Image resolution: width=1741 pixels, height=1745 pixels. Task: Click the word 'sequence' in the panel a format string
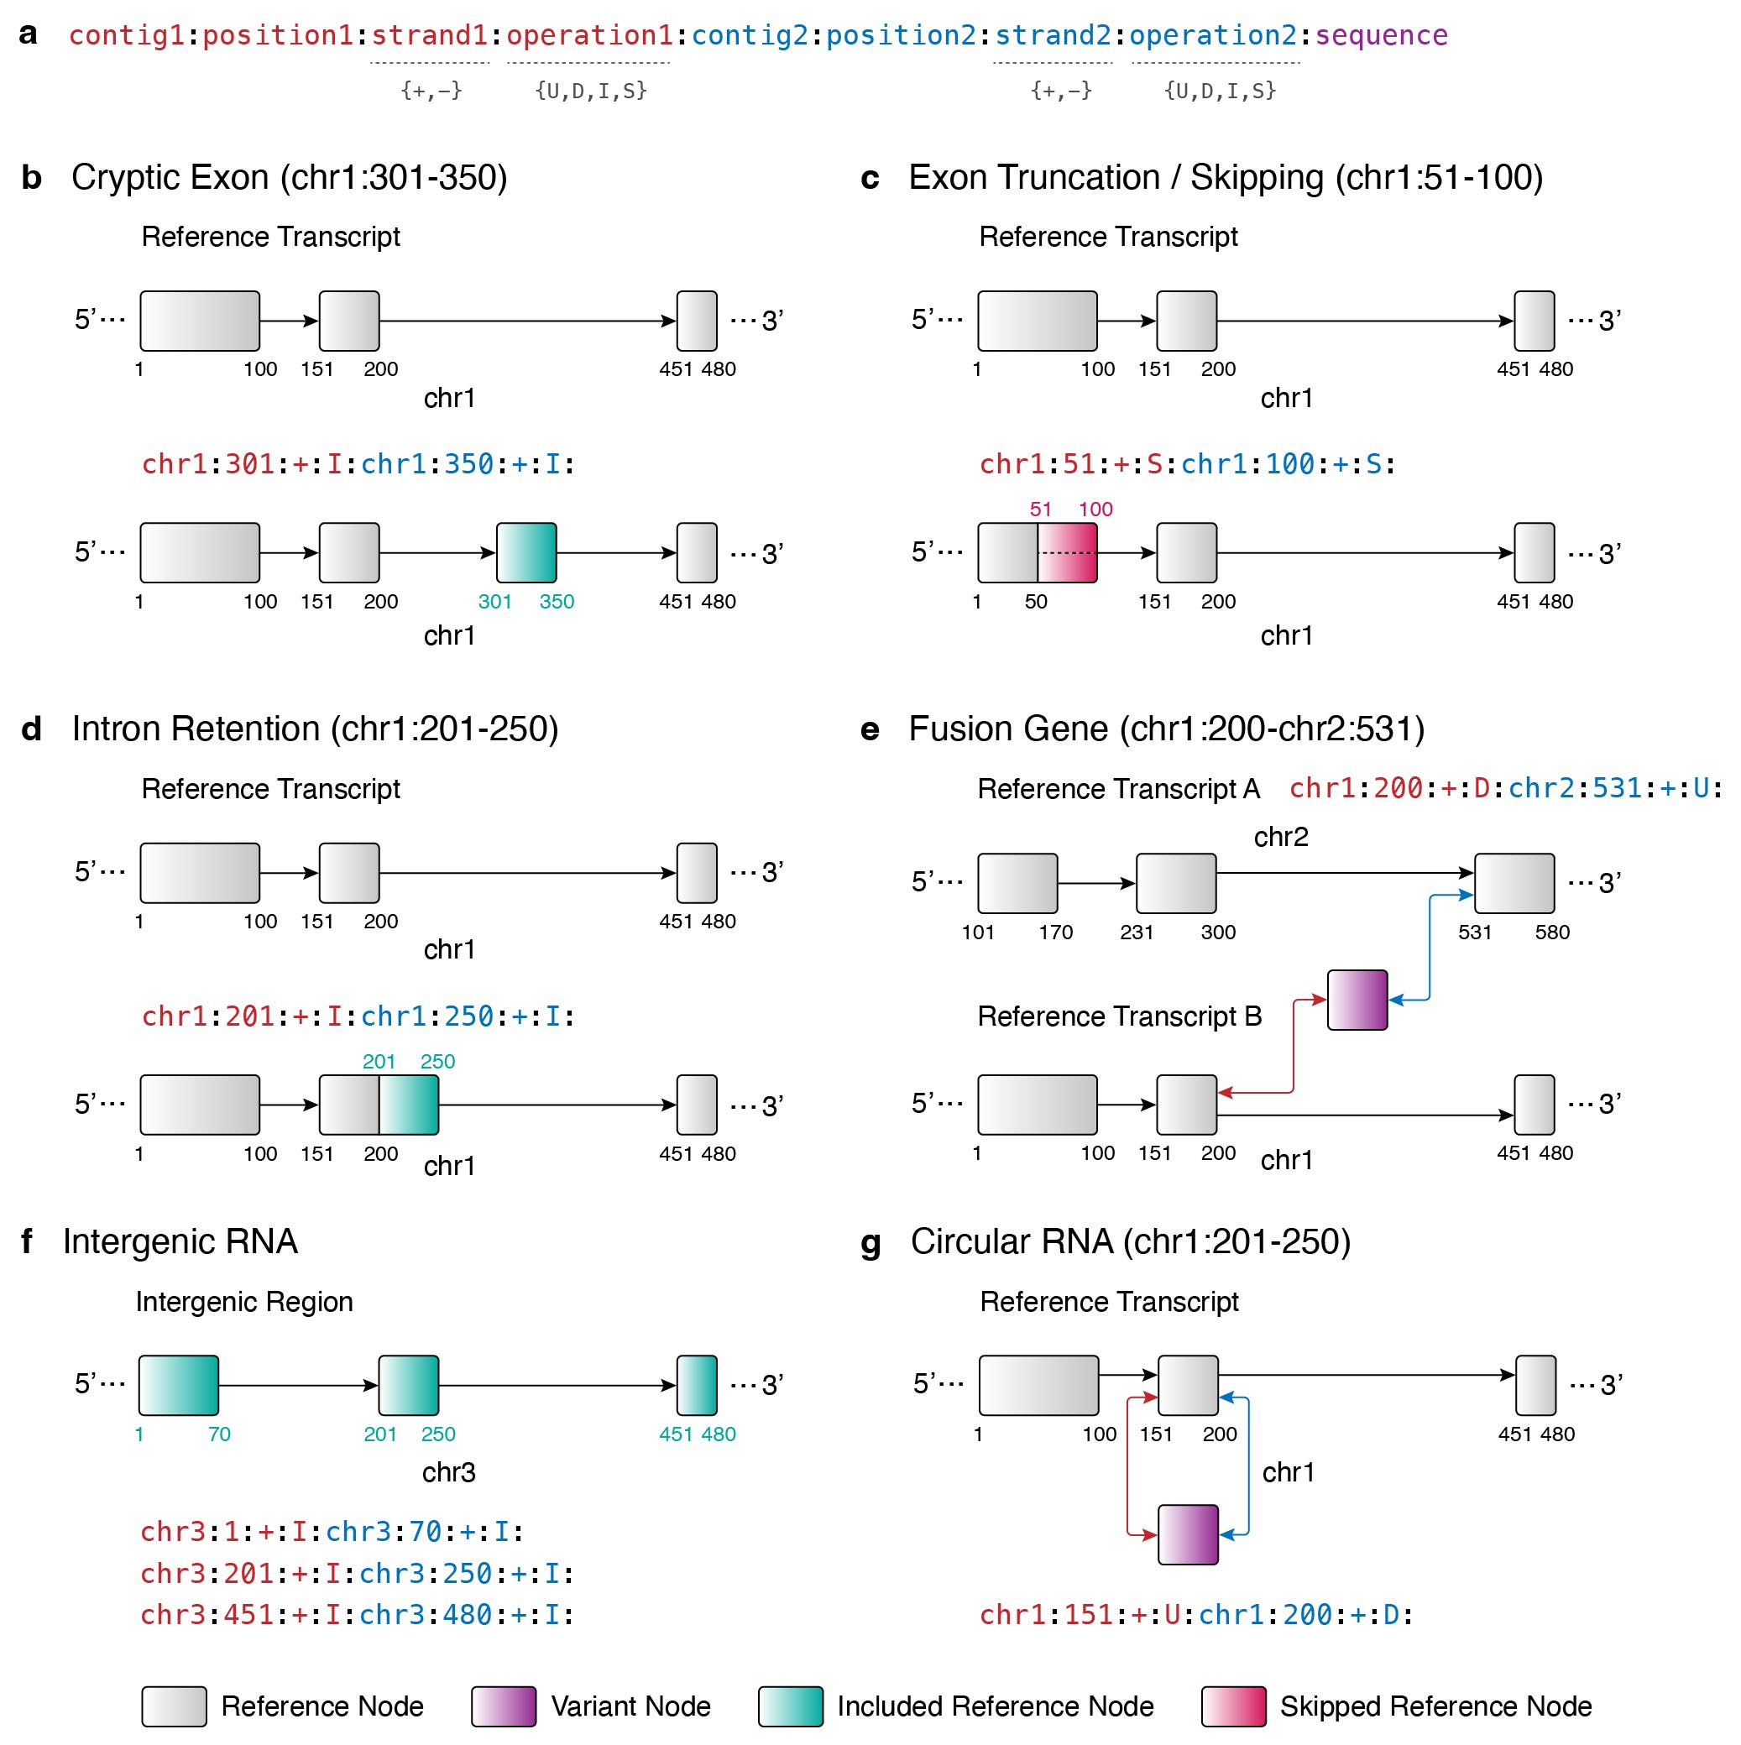(1381, 36)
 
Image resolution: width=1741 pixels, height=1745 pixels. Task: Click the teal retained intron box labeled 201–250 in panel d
(408, 1104)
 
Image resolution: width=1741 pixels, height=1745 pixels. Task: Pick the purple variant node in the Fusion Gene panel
(1357, 999)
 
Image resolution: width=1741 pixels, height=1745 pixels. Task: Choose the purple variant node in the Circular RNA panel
(1187, 1533)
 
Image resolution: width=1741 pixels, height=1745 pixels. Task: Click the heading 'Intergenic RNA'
(180, 1241)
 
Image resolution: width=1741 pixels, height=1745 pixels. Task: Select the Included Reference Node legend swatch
(790, 1706)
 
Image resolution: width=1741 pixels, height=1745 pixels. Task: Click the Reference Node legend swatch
(174, 1706)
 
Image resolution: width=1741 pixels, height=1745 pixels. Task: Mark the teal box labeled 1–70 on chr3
(178, 1385)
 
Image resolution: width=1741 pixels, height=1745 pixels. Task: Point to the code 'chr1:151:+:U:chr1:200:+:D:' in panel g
(1195, 1614)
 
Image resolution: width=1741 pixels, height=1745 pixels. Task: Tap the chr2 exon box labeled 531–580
(1514, 882)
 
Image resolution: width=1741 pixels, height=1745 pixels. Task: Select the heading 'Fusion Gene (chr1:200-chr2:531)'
(1165, 729)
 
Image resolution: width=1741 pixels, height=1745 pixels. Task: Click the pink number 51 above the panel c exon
(1040, 509)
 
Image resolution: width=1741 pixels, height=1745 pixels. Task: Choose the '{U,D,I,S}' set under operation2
(1220, 91)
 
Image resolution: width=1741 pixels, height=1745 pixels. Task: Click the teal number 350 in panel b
(557, 602)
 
